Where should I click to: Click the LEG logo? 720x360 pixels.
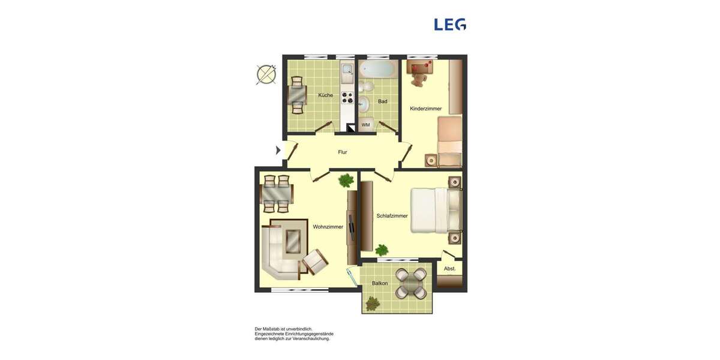coord(449,25)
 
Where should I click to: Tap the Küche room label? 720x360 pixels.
coord(326,95)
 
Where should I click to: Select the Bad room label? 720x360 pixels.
coord(382,101)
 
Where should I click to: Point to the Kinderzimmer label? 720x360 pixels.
coord(425,109)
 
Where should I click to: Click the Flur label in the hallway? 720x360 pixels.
coord(342,152)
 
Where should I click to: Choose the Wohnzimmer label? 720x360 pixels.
coord(328,227)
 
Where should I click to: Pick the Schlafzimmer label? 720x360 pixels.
coord(392,216)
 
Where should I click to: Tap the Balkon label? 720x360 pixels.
coord(379,283)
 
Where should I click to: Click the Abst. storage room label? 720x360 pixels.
coord(449,269)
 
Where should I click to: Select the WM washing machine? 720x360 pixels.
coord(366,125)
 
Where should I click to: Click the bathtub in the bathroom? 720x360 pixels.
coord(377,69)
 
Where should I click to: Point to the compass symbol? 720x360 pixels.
coord(266,74)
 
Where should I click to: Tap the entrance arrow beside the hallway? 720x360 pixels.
coord(278,150)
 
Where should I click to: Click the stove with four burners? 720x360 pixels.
coord(347,97)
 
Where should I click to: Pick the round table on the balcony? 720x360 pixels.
coord(412,283)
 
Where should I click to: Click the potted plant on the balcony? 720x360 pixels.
coord(373,304)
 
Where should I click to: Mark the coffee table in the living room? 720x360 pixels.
coord(292,242)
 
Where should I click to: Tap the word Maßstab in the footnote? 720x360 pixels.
coord(274,329)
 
